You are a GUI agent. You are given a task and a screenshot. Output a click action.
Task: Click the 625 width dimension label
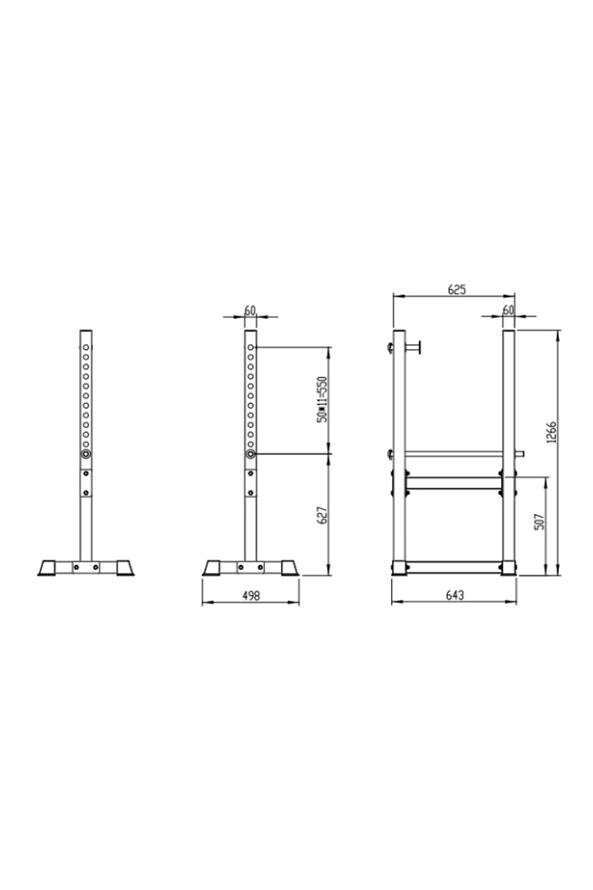point(456,290)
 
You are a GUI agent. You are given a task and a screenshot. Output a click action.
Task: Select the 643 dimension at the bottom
point(455,595)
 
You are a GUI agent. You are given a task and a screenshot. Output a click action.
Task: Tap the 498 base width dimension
point(251,595)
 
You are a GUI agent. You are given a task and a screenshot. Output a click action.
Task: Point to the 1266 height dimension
point(551,432)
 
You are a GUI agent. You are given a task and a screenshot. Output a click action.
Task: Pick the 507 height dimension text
point(539,522)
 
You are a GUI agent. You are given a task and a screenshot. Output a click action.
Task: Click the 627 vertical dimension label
point(322,515)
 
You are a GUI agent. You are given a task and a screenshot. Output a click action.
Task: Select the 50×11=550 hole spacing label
point(322,399)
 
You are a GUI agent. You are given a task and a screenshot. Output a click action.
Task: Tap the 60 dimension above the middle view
point(250,311)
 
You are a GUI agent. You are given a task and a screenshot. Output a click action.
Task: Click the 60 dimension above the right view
point(508,311)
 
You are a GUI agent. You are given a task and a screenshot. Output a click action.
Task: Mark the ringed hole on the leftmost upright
point(85,454)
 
